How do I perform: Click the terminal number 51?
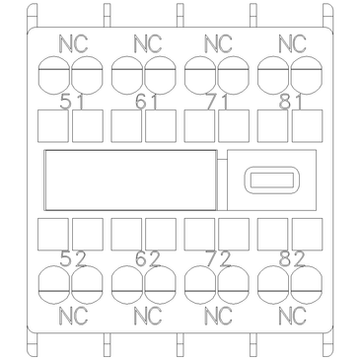click(73, 102)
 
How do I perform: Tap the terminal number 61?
click(146, 102)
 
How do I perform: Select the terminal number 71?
click(219, 102)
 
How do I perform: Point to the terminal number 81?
click(292, 102)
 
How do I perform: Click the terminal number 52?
click(73, 259)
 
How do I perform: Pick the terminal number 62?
click(146, 259)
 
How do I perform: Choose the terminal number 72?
click(219, 259)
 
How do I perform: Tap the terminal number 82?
click(292, 259)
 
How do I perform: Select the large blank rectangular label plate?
click(131, 180)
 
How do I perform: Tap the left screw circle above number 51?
click(55, 73)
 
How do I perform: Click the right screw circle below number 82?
click(309, 287)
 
